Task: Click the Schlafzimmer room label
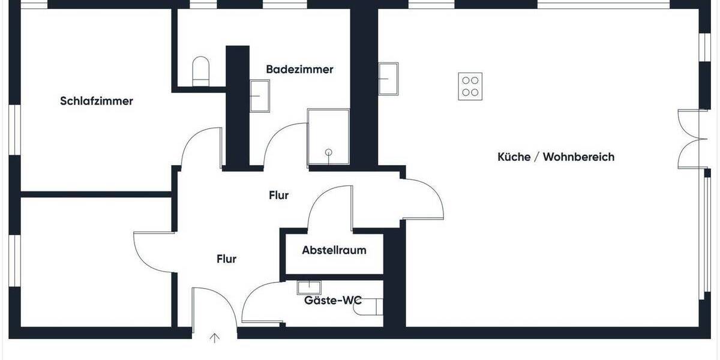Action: click(97, 101)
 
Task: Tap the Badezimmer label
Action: click(299, 70)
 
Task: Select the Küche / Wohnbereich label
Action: click(556, 157)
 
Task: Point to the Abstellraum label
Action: click(334, 250)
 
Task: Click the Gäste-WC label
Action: click(332, 301)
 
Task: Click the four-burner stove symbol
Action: click(470, 86)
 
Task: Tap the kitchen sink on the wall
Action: click(388, 78)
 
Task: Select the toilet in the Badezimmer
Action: click(200, 70)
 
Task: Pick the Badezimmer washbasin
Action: click(260, 97)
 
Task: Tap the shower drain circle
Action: click(328, 152)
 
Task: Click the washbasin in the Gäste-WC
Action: click(310, 287)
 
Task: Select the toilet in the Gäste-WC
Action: click(373, 307)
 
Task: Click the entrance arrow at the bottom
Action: click(214, 339)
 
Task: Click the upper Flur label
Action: click(279, 195)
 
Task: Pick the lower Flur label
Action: click(226, 259)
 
